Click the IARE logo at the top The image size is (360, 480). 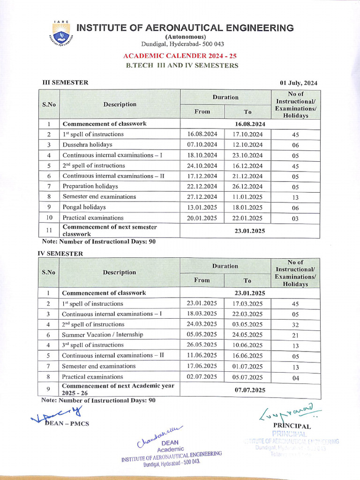61,32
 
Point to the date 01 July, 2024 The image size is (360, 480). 299,83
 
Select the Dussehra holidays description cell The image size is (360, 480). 88,144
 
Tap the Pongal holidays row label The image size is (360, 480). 84,207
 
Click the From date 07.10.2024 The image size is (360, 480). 202,144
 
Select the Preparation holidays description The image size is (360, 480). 94,186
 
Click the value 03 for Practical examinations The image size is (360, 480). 295,218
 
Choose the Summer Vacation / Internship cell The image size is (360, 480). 102,335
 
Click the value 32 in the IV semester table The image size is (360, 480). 295,325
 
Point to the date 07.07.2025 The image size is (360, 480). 250,390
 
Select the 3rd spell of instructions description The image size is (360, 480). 93,345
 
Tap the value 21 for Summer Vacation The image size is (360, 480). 295,335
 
